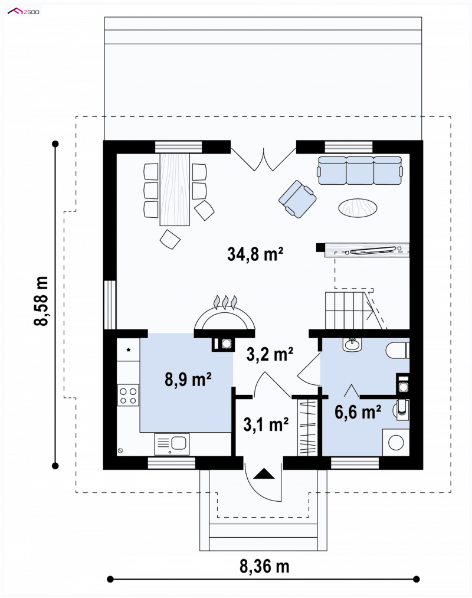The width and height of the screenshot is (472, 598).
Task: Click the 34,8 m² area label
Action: click(x=255, y=254)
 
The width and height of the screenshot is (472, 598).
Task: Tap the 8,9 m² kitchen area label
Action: click(x=188, y=380)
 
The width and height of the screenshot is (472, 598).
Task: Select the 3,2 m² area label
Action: click(x=270, y=354)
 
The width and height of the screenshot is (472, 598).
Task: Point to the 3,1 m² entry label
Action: click(x=266, y=424)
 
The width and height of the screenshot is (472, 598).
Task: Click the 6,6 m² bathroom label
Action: click(x=358, y=412)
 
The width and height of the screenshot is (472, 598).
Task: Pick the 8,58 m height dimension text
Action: click(x=41, y=301)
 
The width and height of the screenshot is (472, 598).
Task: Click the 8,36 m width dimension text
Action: click(x=264, y=566)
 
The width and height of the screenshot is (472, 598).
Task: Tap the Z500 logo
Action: click(x=24, y=12)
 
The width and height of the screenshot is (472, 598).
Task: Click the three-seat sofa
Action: click(x=359, y=171)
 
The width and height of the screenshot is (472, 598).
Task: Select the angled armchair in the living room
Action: click(x=297, y=199)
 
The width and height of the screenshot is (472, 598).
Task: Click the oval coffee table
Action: click(x=358, y=208)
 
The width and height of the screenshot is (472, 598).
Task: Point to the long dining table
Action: click(x=175, y=189)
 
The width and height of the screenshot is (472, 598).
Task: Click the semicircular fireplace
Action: click(x=225, y=318)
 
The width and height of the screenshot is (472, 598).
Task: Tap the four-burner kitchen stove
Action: click(x=128, y=395)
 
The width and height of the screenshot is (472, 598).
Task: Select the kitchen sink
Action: click(x=172, y=444)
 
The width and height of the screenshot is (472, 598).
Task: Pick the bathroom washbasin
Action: click(x=352, y=344)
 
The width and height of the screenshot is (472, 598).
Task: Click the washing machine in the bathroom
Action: click(x=396, y=442)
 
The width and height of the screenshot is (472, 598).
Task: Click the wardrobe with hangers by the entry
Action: click(x=307, y=427)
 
